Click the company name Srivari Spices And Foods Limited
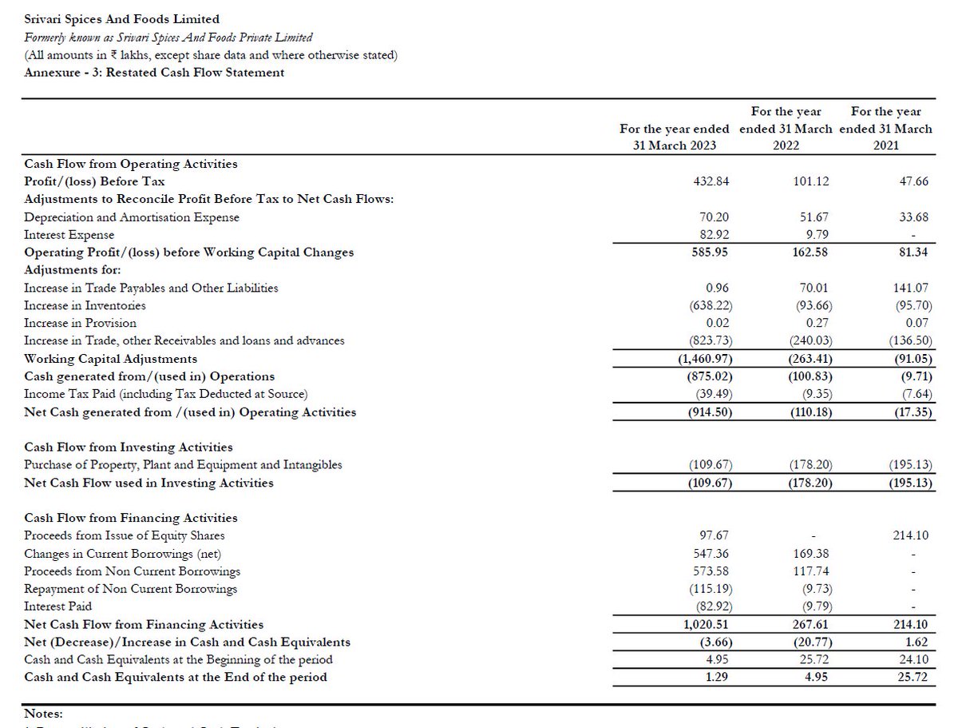pos(122,19)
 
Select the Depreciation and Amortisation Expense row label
pos(132,217)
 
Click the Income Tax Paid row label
pos(166,394)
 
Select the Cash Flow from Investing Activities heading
pos(129,448)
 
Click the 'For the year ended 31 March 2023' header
pos(675,137)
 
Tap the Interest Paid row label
pos(59,607)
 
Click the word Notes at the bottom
pos(43,714)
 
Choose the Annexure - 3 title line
pos(154,72)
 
